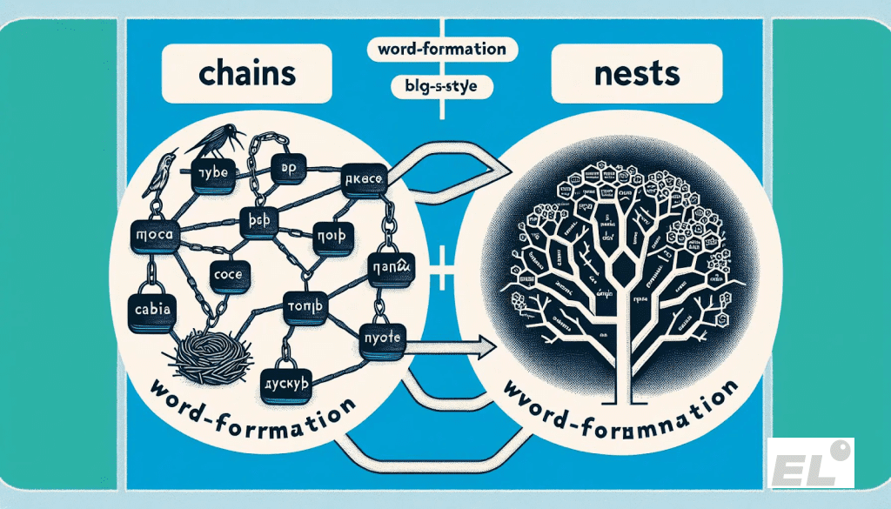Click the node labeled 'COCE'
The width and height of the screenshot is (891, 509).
[x=231, y=273]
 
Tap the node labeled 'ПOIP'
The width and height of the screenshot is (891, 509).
[x=332, y=236]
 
